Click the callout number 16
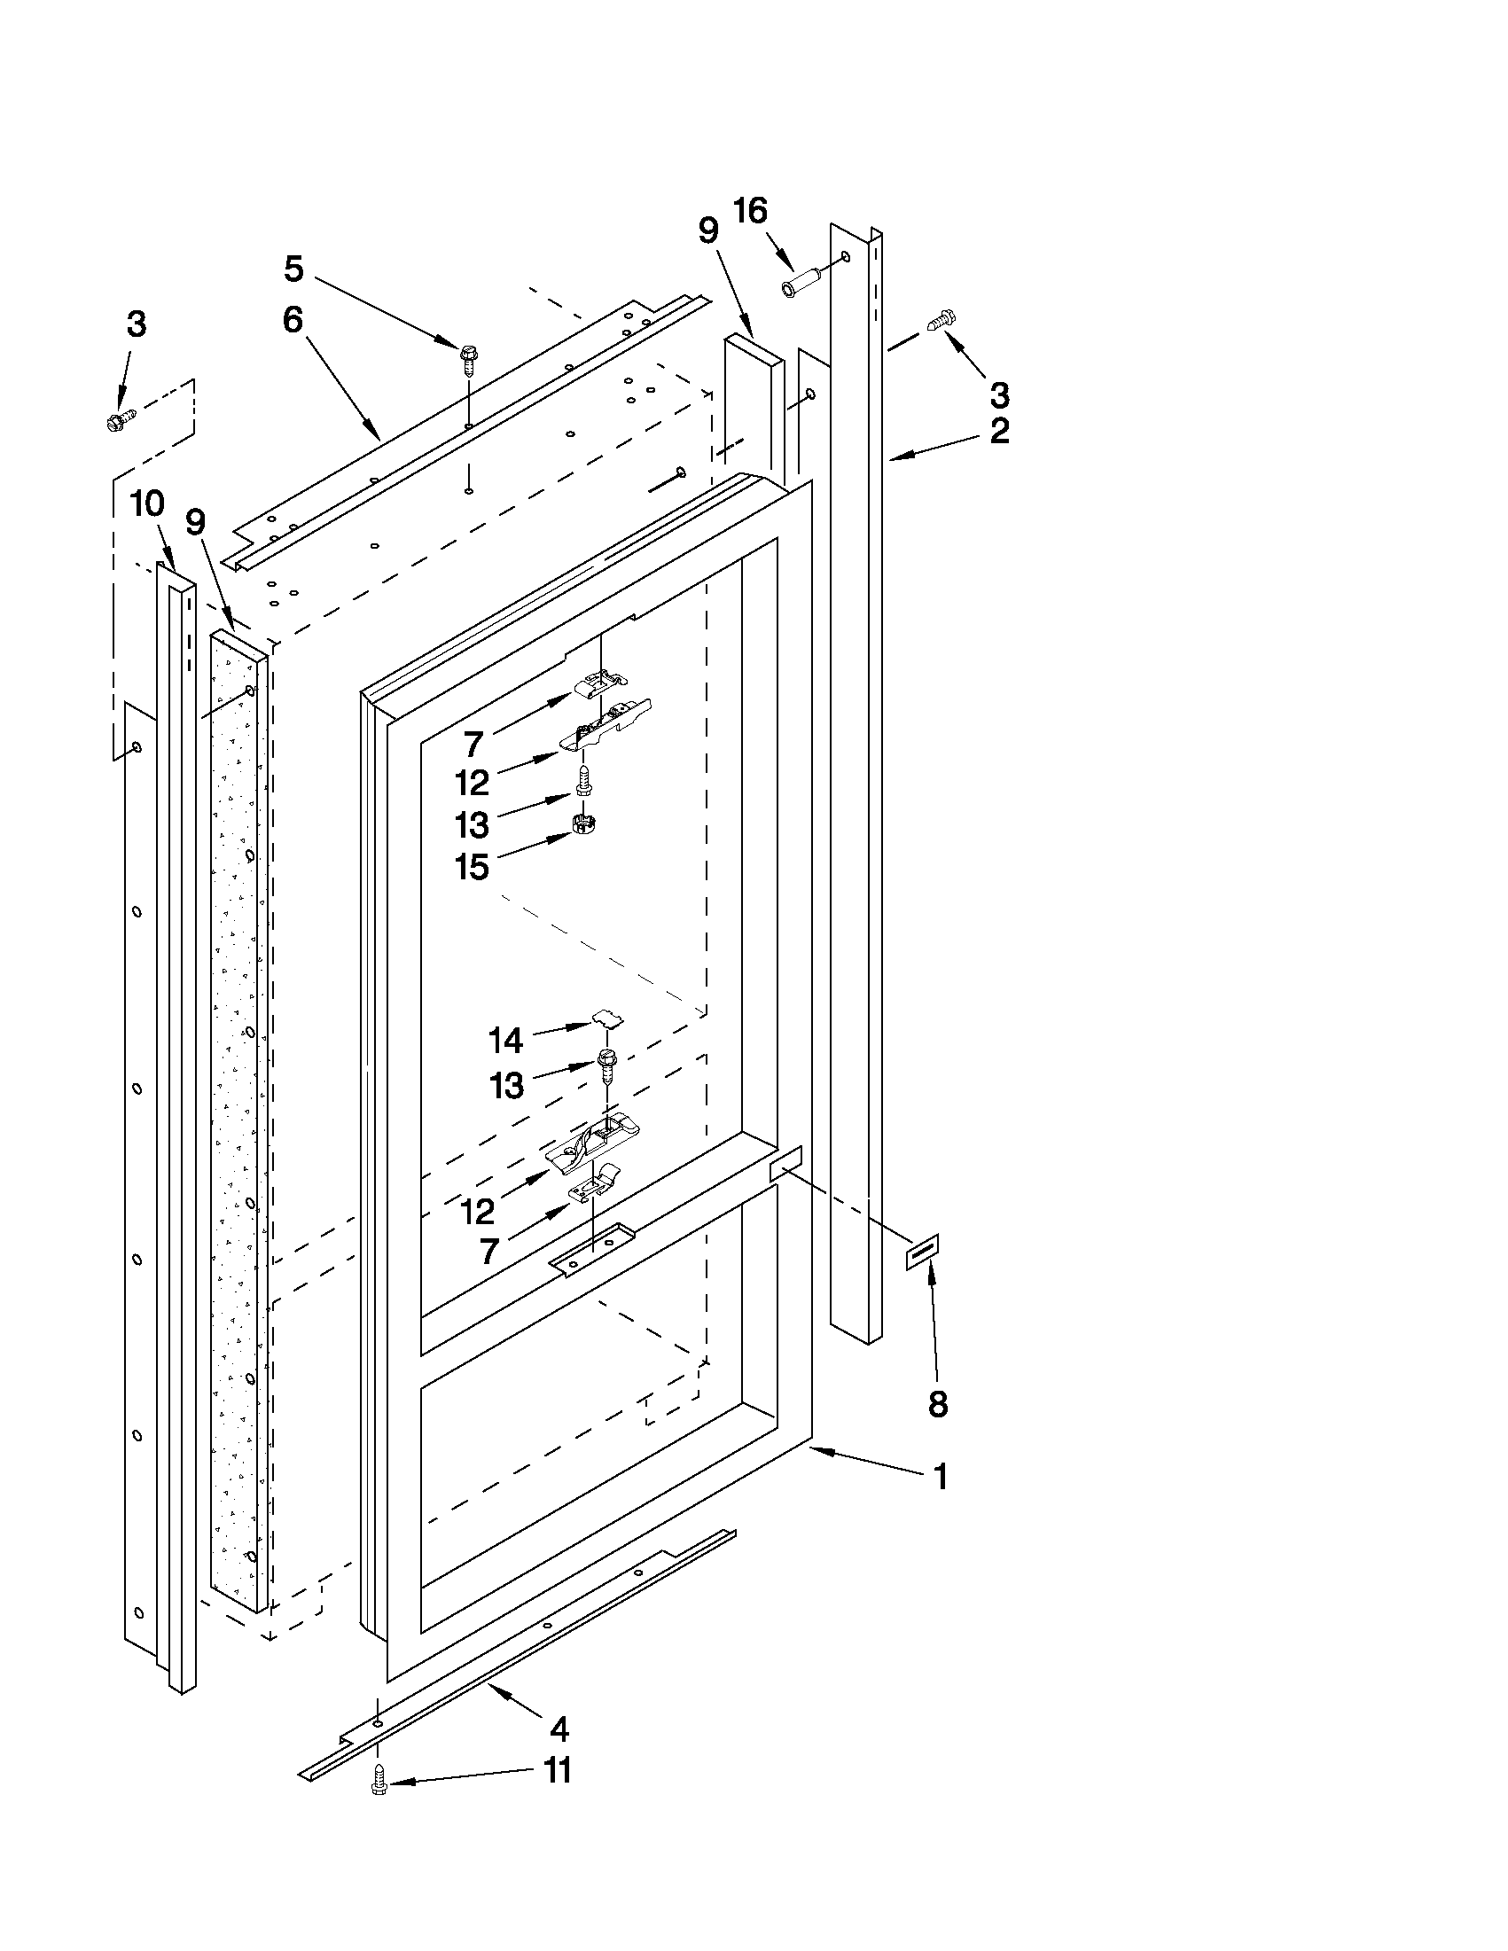[x=749, y=212]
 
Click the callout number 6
[x=293, y=319]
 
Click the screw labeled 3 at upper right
[x=942, y=317]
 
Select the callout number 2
[x=1000, y=431]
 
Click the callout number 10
[x=147, y=503]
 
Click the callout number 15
[x=472, y=867]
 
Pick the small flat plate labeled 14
[x=608, y=1018]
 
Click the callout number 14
[x=505, y=1040]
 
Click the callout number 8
[x=937, y=1404]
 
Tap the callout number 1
[x=939, y=1477]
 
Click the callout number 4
[x=559, y=1729]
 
